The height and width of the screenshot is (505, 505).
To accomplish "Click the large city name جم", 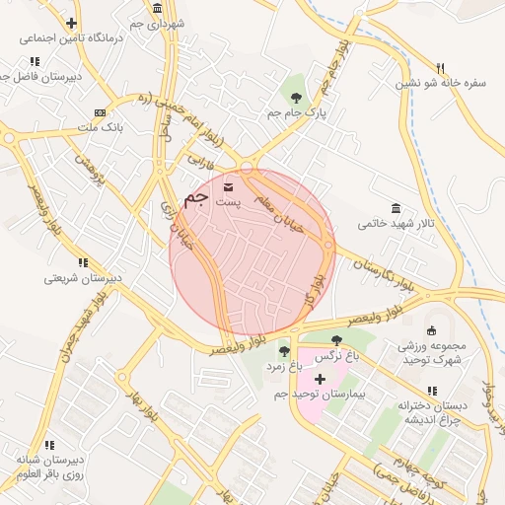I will click(197, 197).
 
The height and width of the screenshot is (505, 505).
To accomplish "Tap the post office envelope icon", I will click(229, 185).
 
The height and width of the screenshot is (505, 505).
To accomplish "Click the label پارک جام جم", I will click(295, 113).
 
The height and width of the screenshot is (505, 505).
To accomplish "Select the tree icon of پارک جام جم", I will click(296, 97).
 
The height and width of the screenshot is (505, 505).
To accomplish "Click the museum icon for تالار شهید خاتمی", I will click(396, 208).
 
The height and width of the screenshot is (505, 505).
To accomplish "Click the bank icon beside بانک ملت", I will click(99, 113).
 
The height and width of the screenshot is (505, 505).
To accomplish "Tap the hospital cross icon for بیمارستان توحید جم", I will click(319, 379).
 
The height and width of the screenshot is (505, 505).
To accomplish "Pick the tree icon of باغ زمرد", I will click(284, 351).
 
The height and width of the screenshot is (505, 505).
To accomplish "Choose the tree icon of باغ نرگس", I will click(336, 340).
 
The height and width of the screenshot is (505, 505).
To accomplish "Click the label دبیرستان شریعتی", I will click(82, 278).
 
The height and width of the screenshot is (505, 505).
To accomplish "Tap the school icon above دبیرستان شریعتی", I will click(82, 262).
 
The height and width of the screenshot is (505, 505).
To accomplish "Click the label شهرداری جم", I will click(156, 21).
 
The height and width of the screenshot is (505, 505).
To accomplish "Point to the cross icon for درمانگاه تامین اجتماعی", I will click(71, 23).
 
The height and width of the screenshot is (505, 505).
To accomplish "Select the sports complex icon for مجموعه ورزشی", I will click(430, 330).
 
